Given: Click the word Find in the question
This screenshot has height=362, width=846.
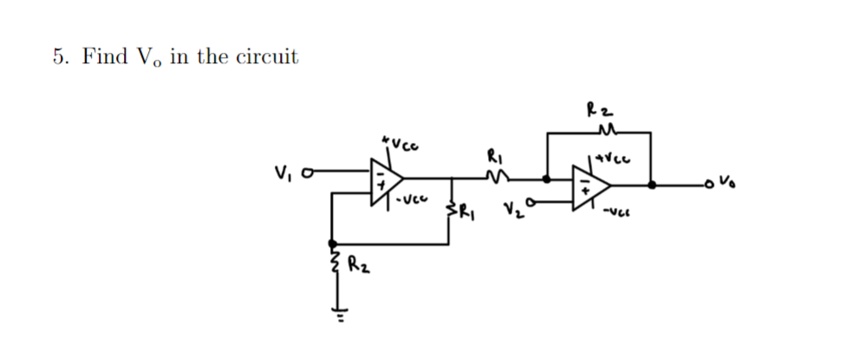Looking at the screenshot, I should click(100, 57).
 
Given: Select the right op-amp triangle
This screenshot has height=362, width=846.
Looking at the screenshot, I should click(590, 184).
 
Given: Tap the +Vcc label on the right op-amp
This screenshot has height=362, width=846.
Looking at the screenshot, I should click(610, 158).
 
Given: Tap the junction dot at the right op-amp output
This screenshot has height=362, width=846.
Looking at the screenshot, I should click(652, 184).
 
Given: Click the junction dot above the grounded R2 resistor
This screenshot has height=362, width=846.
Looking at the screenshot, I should click(332, 243).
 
